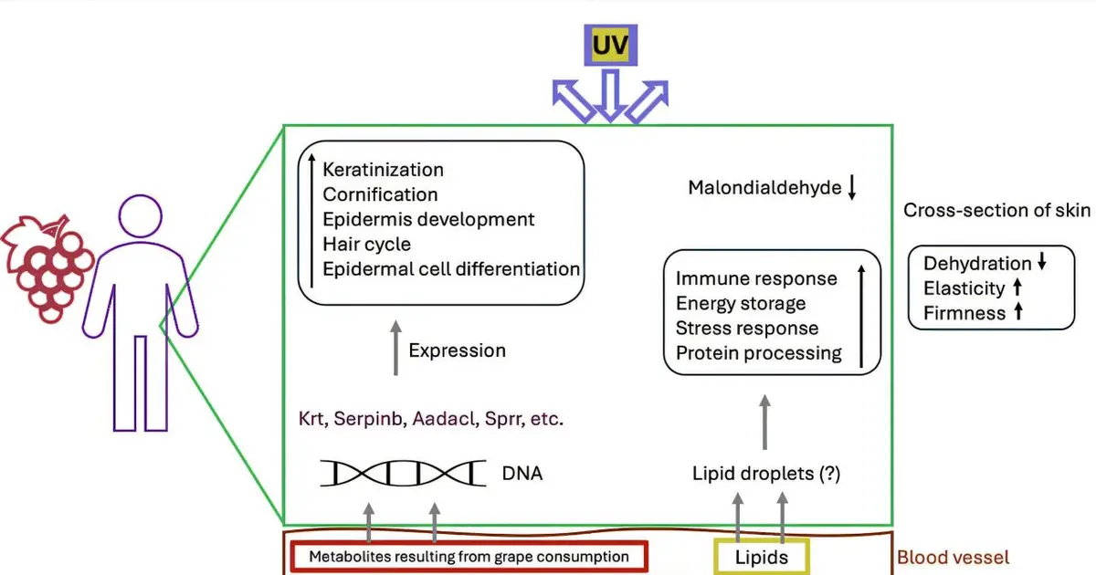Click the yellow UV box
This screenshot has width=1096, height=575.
pos(610,45)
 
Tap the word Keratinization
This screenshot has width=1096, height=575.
pos(383,170)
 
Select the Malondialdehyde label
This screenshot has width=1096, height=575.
pos(764,188)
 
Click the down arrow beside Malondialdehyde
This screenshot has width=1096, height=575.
pos(852,187)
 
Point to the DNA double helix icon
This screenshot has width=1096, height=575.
pos(403,473)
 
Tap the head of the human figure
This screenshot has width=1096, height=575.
pos(141,216)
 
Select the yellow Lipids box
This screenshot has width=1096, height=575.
pos(762,557)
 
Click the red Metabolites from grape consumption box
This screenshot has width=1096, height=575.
pos(469,557)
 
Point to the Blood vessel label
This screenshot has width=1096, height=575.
pos(953,558)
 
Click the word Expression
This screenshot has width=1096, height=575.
pos(457,351)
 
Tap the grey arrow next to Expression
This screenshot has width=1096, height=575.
pos(395,348)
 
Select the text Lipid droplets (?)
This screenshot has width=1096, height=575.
pos(766,474)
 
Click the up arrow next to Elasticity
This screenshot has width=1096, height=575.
pos(1017,287)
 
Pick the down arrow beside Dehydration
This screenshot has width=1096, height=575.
pos(1042,261)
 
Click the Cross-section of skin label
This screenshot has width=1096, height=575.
pos(996,210)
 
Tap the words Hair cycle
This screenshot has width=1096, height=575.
pos(366,245)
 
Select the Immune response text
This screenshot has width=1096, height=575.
pos(756,278)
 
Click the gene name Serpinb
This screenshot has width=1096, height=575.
pos(369,419)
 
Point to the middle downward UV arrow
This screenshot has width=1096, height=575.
pos(610,95)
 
